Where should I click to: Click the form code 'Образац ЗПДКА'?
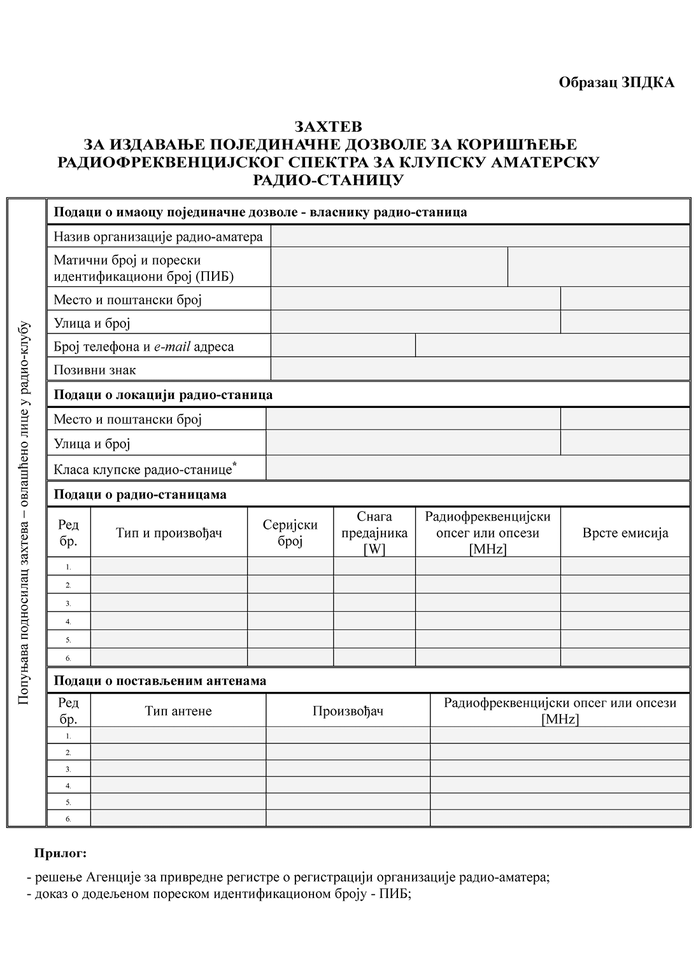(x=616, y=83)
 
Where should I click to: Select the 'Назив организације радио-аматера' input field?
(x=480, y=237)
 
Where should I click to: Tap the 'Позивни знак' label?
(x=95, y=370)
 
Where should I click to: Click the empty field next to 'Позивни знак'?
(x=480, y=369)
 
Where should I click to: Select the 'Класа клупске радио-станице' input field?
(x=478, y=468)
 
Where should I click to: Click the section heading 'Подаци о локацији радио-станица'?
(x=163, y=395)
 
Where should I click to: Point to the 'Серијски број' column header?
(x=290, y=533)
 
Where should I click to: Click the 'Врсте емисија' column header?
(x=625, y=533)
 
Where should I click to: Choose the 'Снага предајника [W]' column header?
(x=374, y=533)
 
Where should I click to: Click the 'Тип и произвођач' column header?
(x=169, y=533)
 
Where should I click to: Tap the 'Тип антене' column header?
(x=178, y=711)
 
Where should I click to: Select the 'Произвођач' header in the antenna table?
(x=348, y=711)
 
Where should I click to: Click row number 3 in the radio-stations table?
(x=69, y=603)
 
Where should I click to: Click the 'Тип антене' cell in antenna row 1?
(x=178, y=735)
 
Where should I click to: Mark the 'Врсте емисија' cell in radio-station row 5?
(x=625, y=639)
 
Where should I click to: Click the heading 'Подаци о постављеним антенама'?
(x=160, y=681)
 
